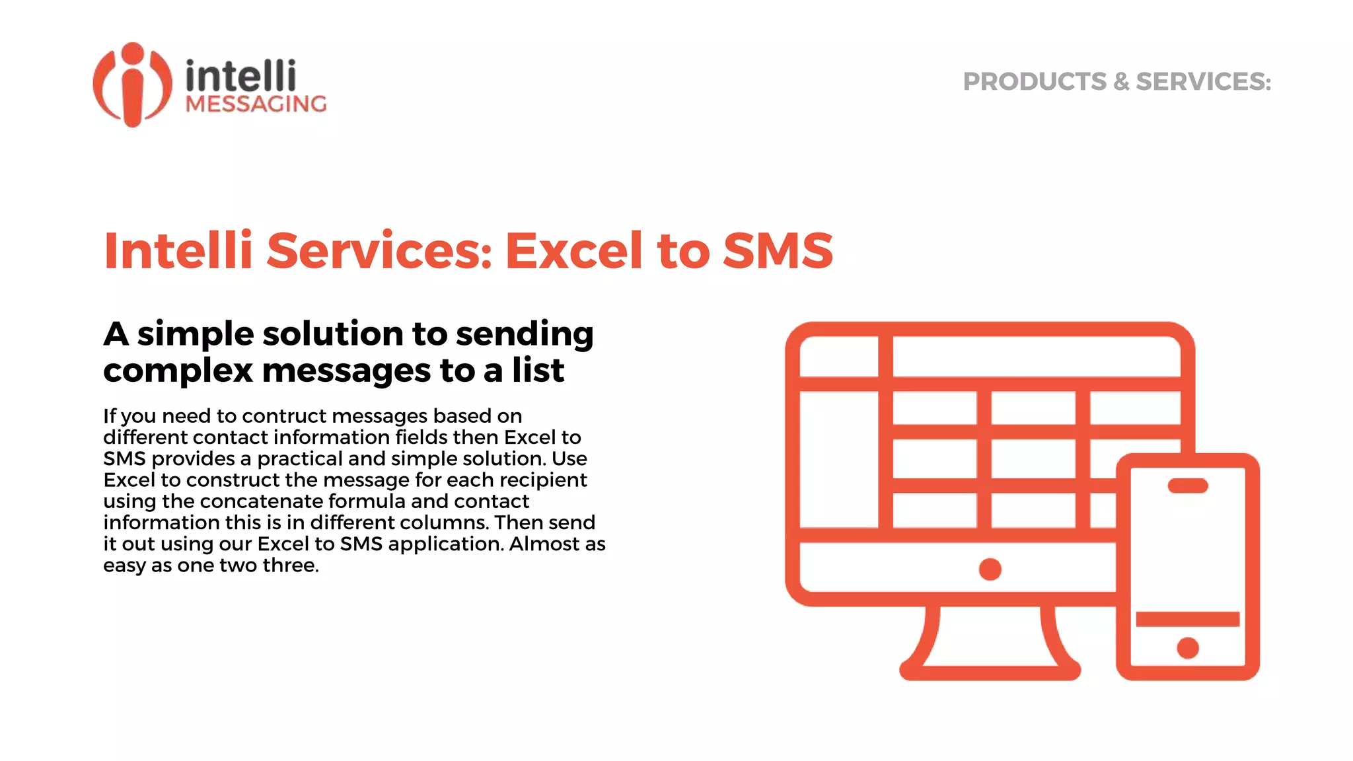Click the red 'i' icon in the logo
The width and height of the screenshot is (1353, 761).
tap(133, 85)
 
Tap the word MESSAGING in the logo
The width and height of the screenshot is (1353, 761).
tap(256, 104)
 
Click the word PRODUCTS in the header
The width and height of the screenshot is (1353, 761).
tap(1034, 82)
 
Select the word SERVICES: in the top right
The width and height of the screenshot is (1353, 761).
tap(1203, 82)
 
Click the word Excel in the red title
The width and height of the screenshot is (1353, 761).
tap(573, 251)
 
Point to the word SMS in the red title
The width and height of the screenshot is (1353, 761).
tap(778, 251)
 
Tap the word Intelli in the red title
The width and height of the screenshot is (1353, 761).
tap(178, 251)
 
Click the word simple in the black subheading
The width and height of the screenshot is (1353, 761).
tap(195, 334)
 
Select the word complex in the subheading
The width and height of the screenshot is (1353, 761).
tap(178, 371)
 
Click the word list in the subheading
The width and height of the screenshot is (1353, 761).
tap(538, 370)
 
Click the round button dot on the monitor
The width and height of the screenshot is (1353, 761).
tap(990, 569)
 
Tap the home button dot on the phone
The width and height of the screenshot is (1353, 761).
tap(1187, 648)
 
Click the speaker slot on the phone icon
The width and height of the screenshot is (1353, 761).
tap(1187, 486)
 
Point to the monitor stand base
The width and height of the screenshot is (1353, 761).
tap(990, 670)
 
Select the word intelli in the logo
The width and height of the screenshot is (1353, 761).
tap(240, 76)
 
